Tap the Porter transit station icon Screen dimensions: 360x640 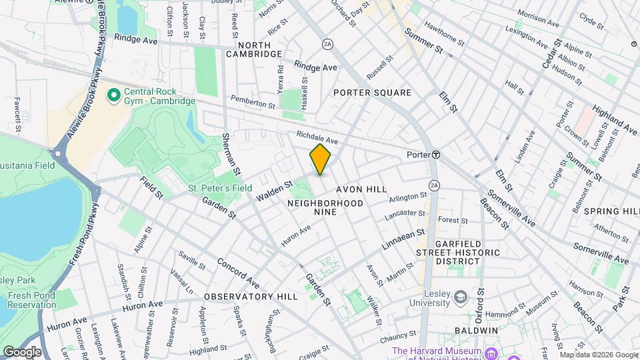[435, 154]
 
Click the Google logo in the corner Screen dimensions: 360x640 [22, 351]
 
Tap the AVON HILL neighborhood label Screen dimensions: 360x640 [361, 189]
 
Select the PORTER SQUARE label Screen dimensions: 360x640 [372, 93]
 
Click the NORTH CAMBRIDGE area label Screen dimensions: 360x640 [253, 49]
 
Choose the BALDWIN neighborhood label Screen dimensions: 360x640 [477, 330]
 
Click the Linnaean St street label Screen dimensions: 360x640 [403, 241]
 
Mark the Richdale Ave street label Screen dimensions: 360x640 [318, 137]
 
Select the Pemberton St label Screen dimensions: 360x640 [253, 101]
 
